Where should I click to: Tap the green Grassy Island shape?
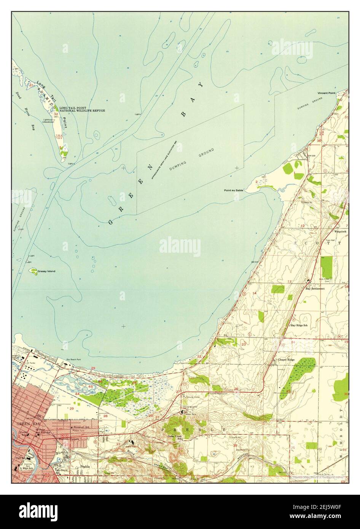(x=33, y=271)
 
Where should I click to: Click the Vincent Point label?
(x=327, y=93)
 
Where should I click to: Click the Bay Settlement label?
(x=315, y=289)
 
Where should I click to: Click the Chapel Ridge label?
(x=286, y=359)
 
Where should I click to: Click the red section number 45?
(x=91, y=387)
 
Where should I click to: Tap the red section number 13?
(x=289, y=281)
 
